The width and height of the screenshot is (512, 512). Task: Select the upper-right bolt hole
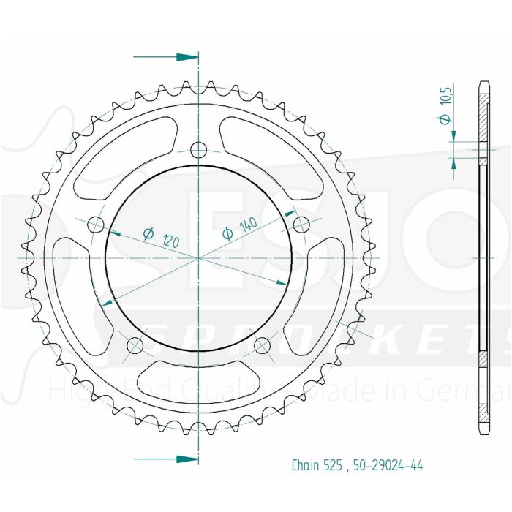click(x=301, y=223)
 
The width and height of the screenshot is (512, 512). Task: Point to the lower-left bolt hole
click(x=135, y=345)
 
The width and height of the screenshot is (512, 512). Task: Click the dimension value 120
click(x=172, y=241)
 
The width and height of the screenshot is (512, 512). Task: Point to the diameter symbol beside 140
click(x=227, y=233)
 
